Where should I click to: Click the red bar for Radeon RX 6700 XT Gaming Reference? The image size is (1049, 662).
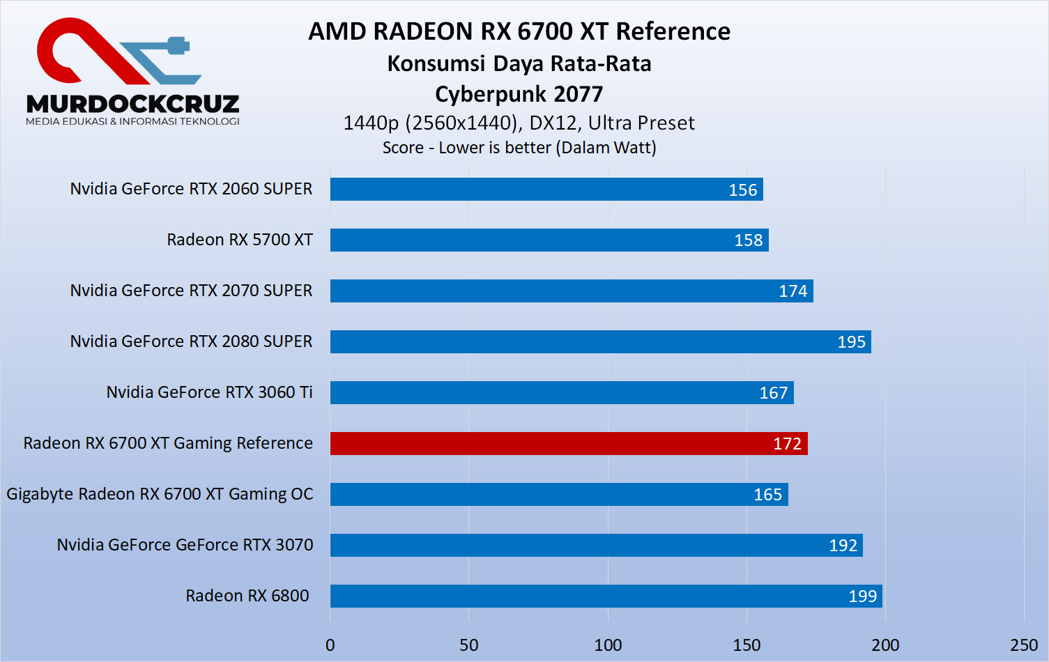(568, 443)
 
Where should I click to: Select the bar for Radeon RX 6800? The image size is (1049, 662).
(606, 596)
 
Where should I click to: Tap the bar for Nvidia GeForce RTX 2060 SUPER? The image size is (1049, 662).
(546, 189)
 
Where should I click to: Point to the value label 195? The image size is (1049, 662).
(851, 342)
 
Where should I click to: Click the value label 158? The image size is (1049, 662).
(748, 240)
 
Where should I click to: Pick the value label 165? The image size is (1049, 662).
(767, 495)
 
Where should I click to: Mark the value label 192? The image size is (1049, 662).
(843, 546)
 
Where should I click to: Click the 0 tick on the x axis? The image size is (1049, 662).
(330, 645)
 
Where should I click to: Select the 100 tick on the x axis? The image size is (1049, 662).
(608, 645)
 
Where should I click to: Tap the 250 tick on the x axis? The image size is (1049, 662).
(1024, 645)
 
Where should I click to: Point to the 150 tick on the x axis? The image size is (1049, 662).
(746, 645)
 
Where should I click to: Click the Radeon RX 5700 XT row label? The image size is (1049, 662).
(240, 240)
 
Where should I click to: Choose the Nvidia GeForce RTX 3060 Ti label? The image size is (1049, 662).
(209, 392)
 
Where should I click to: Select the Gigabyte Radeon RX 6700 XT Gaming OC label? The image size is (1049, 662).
(160, 494)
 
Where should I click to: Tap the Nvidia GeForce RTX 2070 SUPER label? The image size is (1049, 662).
(191, 291)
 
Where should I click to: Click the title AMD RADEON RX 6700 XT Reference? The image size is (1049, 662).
(519, 31)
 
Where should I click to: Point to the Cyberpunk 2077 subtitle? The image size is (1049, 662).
(519, 94)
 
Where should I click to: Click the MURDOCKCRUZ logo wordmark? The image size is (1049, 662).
(132, 105)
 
